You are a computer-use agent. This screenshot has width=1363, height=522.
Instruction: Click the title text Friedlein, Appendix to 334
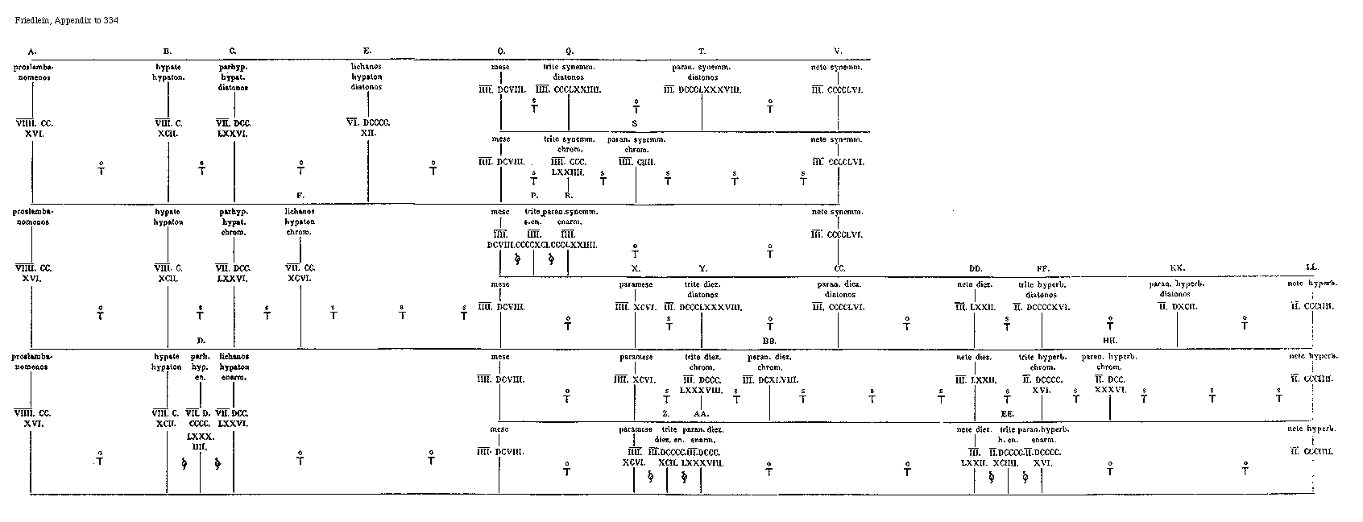(x=67, y=19)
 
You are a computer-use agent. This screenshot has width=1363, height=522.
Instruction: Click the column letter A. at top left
(x=31, y=51)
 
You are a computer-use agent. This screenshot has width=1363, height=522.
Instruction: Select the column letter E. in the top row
(x=368, y=51)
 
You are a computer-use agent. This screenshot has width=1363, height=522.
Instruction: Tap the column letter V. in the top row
(x=838, y=51)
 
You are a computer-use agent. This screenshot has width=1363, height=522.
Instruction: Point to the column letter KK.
(x=1176, y=267)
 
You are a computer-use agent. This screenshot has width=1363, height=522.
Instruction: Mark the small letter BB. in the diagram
(x=769, y=341)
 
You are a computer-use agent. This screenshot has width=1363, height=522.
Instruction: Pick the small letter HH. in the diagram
(x=1109, y=341)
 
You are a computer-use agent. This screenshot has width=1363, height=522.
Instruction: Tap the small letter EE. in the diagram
(x=1007, y=413)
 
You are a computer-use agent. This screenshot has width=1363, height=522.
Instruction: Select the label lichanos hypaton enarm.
(x=234, y=366)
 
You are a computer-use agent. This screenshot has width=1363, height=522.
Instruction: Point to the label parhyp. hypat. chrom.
(x=234, y=222)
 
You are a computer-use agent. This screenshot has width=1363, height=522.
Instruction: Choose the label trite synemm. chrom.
(x=568, y=144)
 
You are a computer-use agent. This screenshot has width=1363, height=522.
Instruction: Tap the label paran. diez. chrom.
(x=769, y=362)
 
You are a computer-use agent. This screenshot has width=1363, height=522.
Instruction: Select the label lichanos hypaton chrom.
(x=300, y=222)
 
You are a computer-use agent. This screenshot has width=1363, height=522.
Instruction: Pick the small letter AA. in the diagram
(x=701, y=413)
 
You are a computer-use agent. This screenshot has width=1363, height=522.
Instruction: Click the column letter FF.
(x=1042, y=267)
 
